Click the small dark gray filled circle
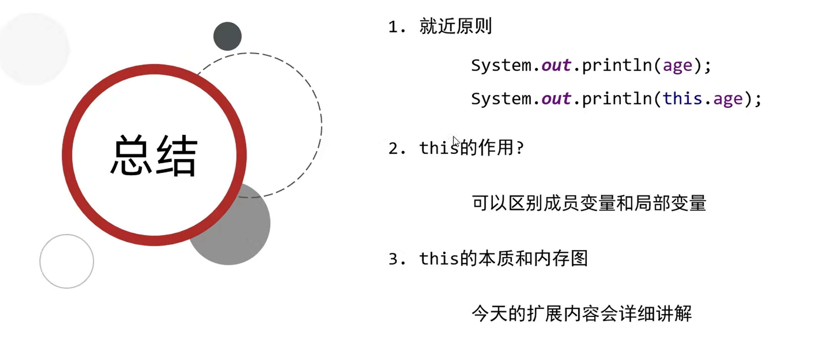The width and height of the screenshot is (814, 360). pyautogui.click(x=227, y=36)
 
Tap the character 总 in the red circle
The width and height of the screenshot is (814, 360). pyautogui.click(x=131, y=156)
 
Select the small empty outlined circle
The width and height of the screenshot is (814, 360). pyautogui.click(x=67, y=261)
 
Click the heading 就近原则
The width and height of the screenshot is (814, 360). pyautogui.click(x=456, y=27)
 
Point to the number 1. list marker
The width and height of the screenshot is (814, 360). pyautogui.click(x=397, y=27)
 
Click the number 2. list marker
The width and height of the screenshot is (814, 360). pyautogui.click(x=397, y=148)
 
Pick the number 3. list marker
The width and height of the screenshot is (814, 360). pyautogui.click(x=397, y=259)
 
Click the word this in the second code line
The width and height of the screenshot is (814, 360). pyautogui.click(x=682, y=99)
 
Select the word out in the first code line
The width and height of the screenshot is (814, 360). pyautogui.click(x=556, y=65)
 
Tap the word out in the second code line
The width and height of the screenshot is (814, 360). pyautogui.click(x=556, y=99)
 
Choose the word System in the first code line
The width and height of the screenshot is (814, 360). pyautogui.click(x=501, y=65)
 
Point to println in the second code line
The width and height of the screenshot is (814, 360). pyautogui.click(x=617, y=99)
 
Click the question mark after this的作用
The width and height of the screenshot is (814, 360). pyautogui.click(x=520, y=148)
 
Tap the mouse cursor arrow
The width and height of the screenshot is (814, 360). pyautogui.click(x=456, y=141)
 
